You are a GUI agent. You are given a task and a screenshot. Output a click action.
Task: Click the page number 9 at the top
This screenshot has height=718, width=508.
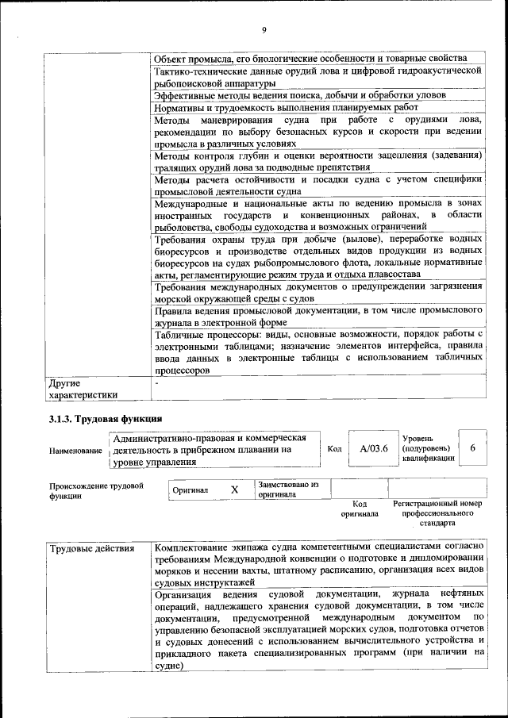pos(264,31)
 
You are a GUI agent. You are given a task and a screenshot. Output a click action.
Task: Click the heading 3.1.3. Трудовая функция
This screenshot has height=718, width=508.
pos(106,417)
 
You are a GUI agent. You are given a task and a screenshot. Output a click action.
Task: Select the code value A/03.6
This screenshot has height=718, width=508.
pos(372,448)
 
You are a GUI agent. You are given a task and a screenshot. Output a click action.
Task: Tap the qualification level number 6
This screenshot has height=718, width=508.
pos(473,448)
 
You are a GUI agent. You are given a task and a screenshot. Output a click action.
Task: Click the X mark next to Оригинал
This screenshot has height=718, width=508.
pos(234,490)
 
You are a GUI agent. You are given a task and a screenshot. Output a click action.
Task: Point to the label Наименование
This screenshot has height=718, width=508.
pos(75,451)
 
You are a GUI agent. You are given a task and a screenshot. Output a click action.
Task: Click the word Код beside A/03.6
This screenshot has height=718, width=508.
pos(335,449)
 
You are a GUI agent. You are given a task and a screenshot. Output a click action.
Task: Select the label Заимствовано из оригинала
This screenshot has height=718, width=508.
pos(287,489)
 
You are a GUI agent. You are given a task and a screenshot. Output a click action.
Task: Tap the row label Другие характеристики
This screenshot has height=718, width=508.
pos(83,388)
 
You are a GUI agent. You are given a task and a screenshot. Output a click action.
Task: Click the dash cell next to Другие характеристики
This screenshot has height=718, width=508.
pos(157,382)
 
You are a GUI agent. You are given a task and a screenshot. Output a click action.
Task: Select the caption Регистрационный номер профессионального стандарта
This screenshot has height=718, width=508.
pos(437,513)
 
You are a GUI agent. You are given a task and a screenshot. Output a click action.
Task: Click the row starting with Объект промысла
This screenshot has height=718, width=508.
pos(310,59)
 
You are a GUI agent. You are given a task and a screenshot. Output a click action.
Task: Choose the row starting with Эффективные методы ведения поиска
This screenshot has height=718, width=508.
pos(299,94)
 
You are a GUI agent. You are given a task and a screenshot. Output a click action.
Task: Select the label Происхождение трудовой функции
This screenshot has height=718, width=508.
pos(96,490)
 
